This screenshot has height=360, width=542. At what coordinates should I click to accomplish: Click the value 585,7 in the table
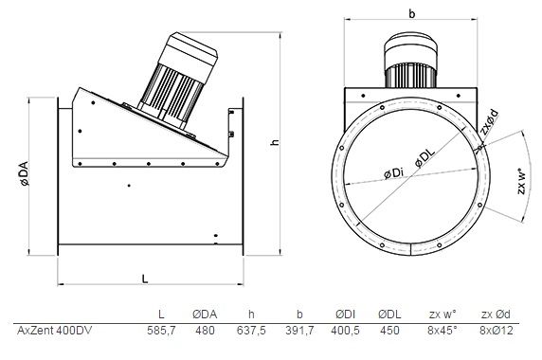coord(161,331)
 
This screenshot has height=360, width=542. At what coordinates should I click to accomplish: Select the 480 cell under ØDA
coord(205,331)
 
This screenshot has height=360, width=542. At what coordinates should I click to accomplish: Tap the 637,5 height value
coord(251,331)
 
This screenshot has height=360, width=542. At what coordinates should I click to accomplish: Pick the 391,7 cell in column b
coord(299,331)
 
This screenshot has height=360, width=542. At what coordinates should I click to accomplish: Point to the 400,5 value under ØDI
coord(345,331)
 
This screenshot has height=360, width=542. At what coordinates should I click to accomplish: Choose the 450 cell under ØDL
coord(389,331)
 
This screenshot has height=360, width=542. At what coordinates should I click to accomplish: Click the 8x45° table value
coord(443,331)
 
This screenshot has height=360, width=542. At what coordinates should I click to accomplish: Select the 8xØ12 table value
coord(496,331)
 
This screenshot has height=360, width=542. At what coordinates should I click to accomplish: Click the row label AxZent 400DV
coord(55,331)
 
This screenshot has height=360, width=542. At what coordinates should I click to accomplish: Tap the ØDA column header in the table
coord(205,314)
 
